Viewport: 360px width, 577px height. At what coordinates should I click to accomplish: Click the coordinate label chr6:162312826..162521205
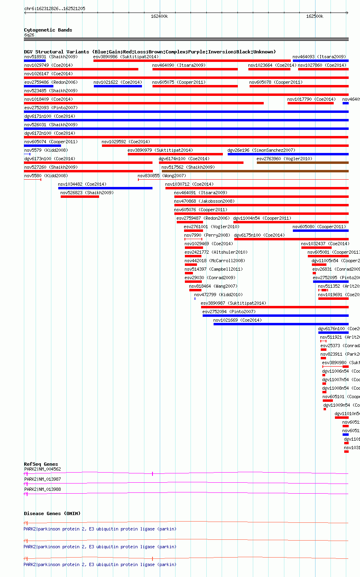(x=55, y=8)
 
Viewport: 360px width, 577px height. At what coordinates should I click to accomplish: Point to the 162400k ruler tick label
(x=159, y=16)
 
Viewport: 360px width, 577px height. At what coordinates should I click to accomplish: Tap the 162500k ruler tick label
(x=315, y=16)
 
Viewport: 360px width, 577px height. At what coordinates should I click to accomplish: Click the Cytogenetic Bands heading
(x=48, y=30)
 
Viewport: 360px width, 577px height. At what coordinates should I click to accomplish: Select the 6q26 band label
(x=29, y=35)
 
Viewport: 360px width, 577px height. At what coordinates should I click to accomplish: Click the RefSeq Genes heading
(x=41, y=464)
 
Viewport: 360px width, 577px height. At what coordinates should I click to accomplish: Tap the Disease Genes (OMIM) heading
(x=52, y=513)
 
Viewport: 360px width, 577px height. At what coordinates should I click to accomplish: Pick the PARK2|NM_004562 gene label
(x=42, y=469)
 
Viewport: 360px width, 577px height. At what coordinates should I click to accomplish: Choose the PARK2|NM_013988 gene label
(x=42, y=489)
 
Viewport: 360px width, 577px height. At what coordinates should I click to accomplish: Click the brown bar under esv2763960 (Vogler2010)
(x=302, y=163)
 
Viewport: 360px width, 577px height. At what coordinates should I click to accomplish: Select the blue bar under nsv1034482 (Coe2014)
(x=105, y=188)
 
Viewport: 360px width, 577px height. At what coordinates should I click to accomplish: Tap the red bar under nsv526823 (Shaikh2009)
(x=80, y=197)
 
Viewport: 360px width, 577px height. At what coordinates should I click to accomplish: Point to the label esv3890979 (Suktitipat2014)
(x=160, y=150)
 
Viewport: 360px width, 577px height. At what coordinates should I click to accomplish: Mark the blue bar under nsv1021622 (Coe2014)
(x=118, y=86)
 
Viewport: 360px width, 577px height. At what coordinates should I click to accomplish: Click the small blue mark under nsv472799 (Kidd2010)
(x=195, y=299)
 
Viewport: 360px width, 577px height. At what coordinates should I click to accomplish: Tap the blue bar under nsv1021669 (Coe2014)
(x=281, y=324)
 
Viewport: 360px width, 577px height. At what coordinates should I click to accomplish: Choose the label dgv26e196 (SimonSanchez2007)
(x=261, y=150)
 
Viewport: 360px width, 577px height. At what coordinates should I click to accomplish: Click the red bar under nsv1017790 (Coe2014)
(x=310, y=103)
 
